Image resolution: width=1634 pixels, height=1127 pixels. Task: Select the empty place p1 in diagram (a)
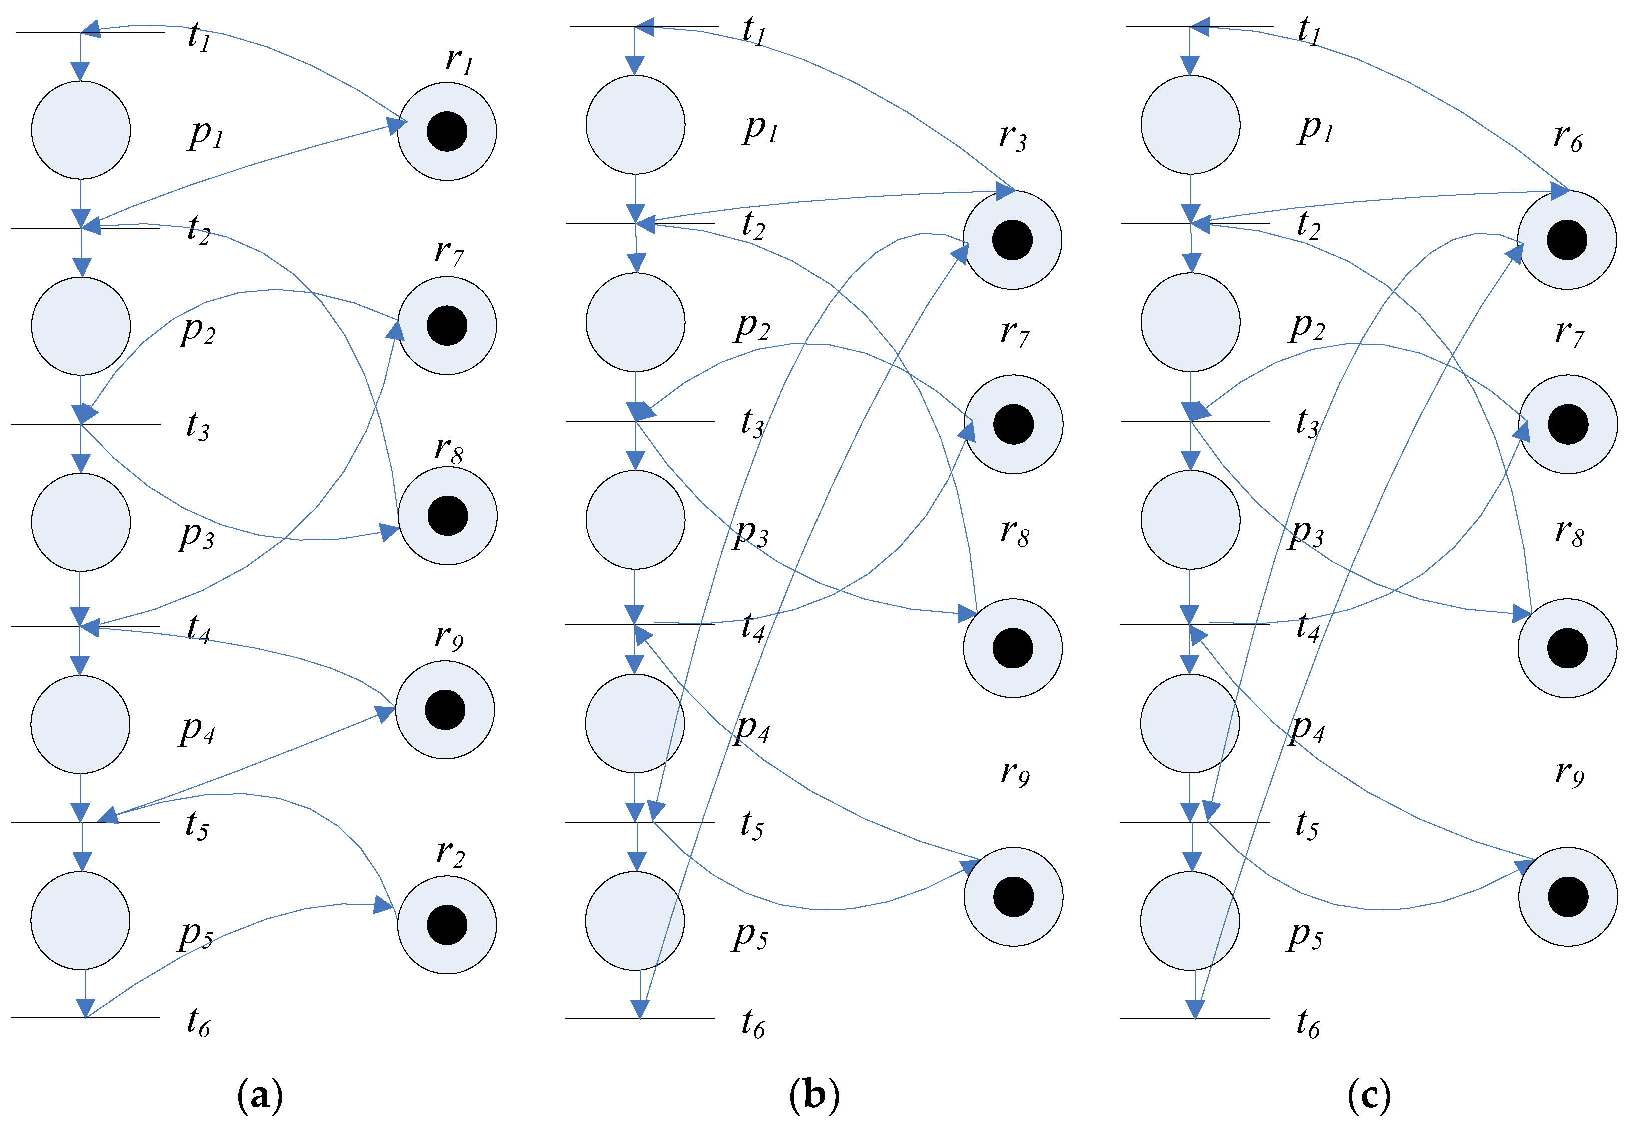pyautogui.click(x=81, y=130)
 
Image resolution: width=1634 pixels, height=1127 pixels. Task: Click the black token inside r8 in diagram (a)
pyautogui.click(x=448, y=516)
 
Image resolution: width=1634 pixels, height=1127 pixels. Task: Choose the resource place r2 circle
pyautogui.click(x=447, y=925)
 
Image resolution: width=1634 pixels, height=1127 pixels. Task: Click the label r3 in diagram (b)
pyautogui.click(x=1013, y=136)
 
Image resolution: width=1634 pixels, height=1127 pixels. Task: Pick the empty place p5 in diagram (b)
pyautogui.click(x=635, y=921)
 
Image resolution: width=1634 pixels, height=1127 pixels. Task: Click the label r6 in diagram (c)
pyautogui.click(x=1567, y=136)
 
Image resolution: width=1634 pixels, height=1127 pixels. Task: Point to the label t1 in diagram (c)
pyautogui.click(x=1308, y=30)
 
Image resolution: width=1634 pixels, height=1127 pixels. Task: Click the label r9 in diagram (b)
pyautogui.click(x=1015, y=772)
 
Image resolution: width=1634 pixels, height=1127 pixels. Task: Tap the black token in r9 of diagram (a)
pyautogui.click(x=445, y=710)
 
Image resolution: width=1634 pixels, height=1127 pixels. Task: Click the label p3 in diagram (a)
pyautogui.click(x=196, y=535)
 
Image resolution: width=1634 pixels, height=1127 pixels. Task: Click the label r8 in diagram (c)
pyautogui.click(x=1569, y=532)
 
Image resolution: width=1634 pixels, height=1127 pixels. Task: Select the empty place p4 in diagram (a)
pyautogui.click(x=80, y=724)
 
